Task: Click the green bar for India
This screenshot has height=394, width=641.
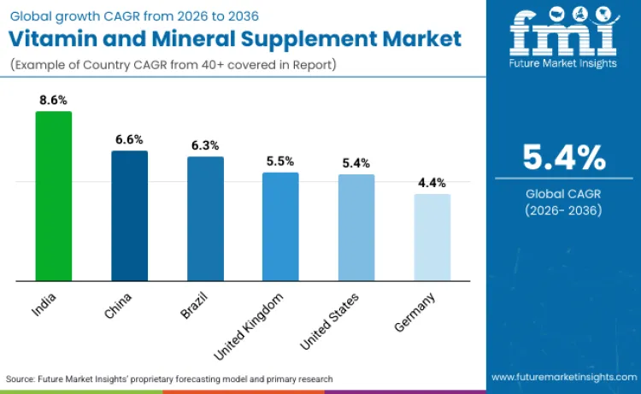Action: pos(53,196)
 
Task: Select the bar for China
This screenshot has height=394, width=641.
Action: pos(129,215)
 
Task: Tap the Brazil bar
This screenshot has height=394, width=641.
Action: pos(205,218)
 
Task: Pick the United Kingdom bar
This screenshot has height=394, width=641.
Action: pos(280,226)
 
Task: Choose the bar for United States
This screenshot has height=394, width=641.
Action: pos(356,227)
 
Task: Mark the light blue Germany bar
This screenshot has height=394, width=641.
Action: pos(432,237)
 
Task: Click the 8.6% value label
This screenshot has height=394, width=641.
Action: pos(53,100)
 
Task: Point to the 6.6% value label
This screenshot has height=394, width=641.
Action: pos(129,139)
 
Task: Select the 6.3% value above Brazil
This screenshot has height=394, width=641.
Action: pos(205,145)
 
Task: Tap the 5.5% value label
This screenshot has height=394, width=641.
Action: pos(280,161)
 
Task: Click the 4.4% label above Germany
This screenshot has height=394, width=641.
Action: pos(432,183)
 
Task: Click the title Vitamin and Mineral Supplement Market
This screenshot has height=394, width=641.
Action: pos(236,38)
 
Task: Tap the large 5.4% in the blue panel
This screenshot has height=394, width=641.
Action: pos(564,157)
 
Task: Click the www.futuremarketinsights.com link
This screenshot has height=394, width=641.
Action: pos(563,377)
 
